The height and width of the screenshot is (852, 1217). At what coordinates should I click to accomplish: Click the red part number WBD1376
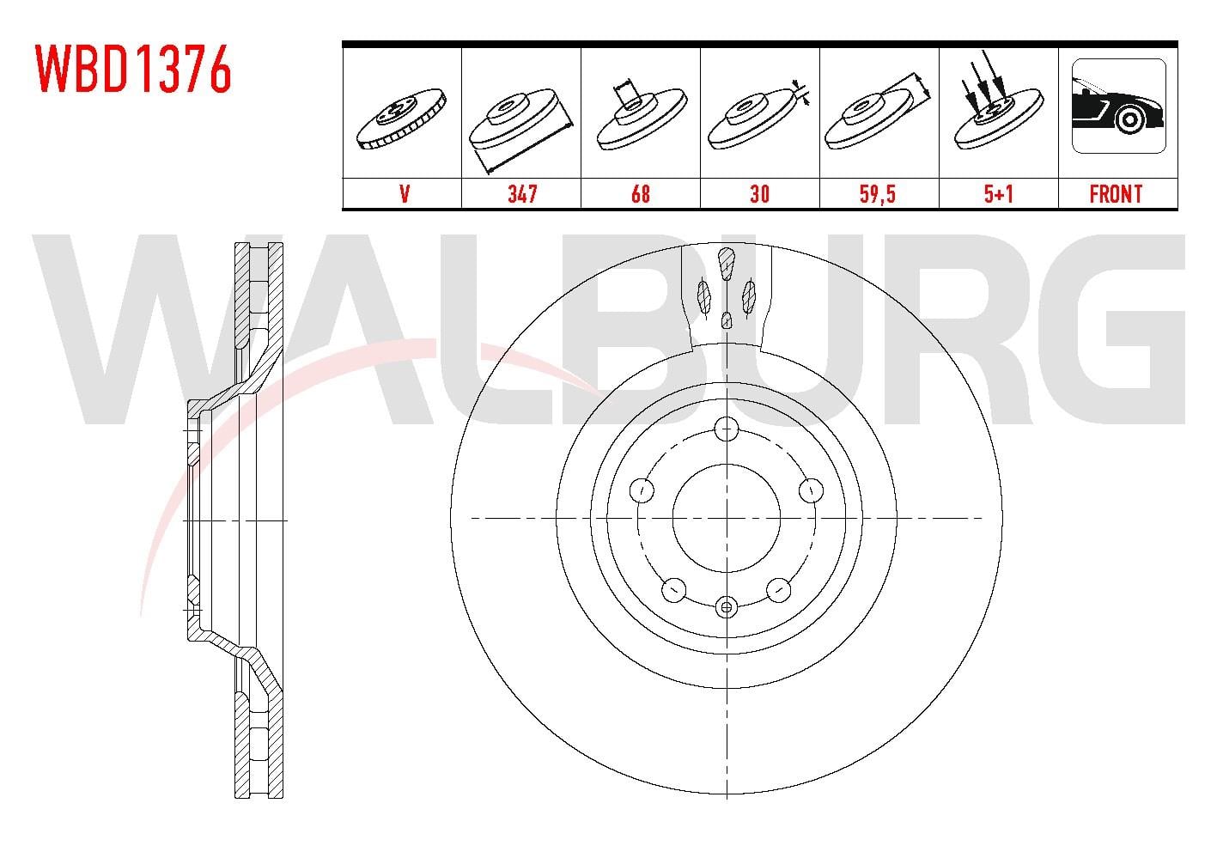(134, 69)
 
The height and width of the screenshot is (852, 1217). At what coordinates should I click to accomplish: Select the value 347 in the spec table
(522, 194)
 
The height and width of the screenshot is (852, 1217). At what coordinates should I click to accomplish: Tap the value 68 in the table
(641, 194)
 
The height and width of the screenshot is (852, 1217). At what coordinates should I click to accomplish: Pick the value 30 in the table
(759, 194)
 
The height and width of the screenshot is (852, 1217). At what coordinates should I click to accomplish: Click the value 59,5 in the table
(878, 194)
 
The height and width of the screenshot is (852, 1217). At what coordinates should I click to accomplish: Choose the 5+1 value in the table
(999, 194)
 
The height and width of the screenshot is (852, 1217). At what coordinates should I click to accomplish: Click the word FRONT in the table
(1116, 194)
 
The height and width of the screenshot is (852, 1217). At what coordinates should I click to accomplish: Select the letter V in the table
(405, 194)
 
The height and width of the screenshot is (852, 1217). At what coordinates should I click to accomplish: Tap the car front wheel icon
(1119, 106)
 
